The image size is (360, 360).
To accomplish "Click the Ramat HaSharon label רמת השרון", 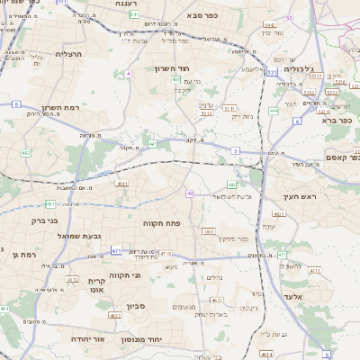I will (x=60, y=106).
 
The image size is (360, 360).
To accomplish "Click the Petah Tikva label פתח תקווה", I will (x=163, y=220).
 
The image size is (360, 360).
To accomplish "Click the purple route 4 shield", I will (x=129, y=73).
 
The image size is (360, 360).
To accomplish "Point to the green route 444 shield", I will (x=274, y=111).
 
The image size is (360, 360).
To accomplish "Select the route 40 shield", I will (x=190, y=193).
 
